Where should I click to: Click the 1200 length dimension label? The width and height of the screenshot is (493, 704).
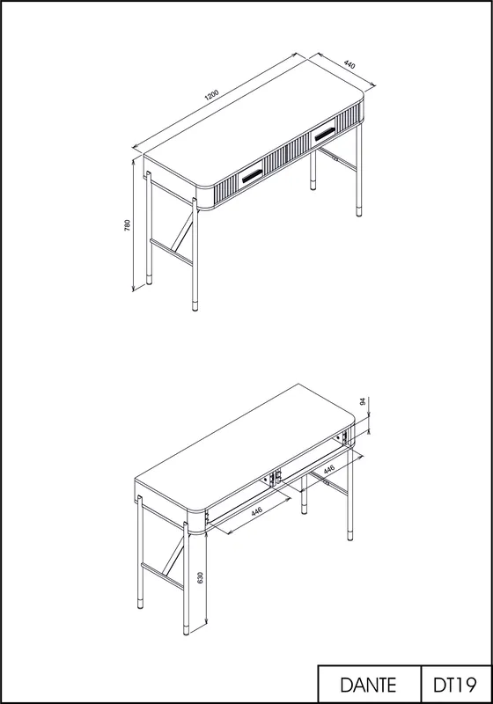(x=211, y=95)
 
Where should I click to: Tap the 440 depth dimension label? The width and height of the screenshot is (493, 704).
(x=350, y=64)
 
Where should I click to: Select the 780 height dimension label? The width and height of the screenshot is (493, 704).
(x=127, y=225)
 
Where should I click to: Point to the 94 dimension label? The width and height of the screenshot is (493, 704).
(x=364, y=401)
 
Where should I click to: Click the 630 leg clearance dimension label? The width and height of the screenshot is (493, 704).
(x=200, y=577)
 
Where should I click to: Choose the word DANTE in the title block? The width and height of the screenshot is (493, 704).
(x=368, y=685)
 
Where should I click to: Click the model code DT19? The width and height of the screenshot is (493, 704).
(x=454, y=685)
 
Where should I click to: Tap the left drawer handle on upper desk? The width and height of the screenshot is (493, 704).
(x=253, y=176)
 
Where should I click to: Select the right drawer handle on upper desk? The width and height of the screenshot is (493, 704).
(x=324, y=135)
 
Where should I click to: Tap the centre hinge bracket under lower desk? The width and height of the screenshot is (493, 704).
(x=274, y=479)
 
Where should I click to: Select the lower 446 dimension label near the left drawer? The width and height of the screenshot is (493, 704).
(x=257, y=512)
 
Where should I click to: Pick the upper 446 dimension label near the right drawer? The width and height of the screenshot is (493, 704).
(x=329, y=470)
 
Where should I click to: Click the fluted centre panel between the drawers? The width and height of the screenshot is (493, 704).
(x=286, y=156)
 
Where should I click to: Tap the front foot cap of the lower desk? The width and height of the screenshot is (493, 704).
(x=186, y=629)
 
